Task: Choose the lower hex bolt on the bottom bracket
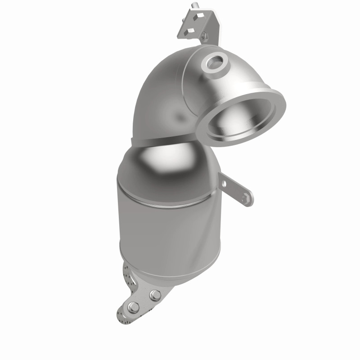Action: [x=133, y=309]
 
